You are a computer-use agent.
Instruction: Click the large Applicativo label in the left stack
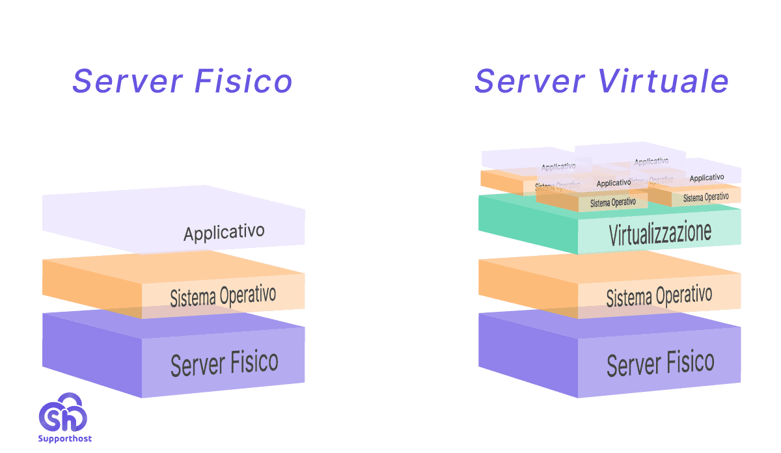coord(224,232)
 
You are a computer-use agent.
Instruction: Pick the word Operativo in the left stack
coord(247,295)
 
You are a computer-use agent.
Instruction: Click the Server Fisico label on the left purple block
coord(224,363)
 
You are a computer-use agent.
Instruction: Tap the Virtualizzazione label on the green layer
coord(660,234)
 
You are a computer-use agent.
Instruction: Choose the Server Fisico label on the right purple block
coord(660,363)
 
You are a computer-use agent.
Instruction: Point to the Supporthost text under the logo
coord(64,439)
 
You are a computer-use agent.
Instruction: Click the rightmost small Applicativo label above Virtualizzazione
coord(706,178)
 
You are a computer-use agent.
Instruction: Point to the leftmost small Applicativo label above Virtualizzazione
coord(558,167)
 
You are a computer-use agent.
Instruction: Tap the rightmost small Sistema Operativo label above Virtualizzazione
coord(706,197)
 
